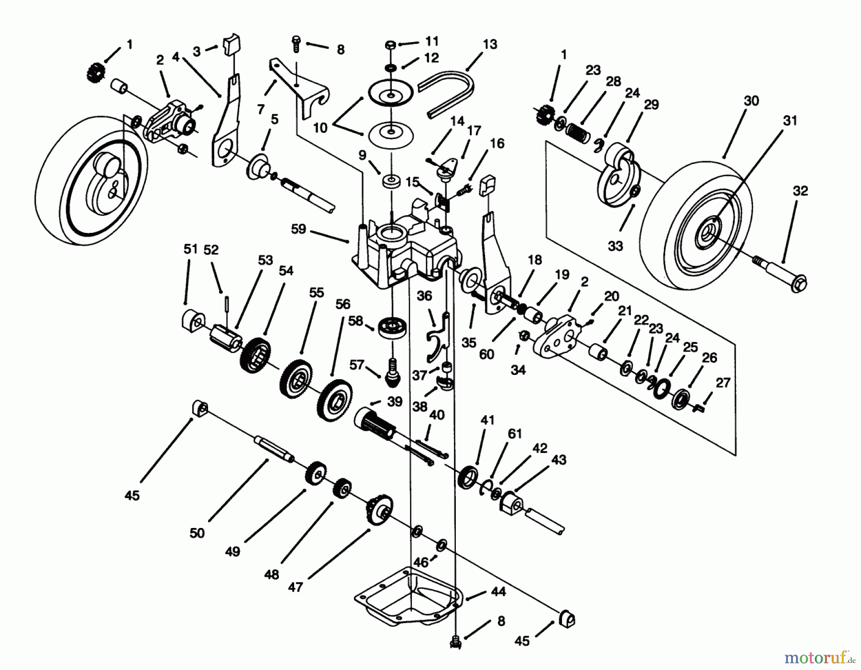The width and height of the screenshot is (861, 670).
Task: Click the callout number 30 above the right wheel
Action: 751,101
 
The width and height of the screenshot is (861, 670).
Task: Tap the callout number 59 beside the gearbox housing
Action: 298,229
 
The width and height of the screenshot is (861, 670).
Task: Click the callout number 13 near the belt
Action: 490,44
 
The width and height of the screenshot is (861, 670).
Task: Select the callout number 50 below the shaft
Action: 197,533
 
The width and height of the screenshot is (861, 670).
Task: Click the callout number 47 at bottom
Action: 296,586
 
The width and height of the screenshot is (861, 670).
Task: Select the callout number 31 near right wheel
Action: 790,121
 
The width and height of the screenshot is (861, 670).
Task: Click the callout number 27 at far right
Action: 723,383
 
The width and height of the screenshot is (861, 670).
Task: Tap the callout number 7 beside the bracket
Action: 261,110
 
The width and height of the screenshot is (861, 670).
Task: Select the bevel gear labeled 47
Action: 380,509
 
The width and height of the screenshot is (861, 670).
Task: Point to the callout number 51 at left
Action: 190,249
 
